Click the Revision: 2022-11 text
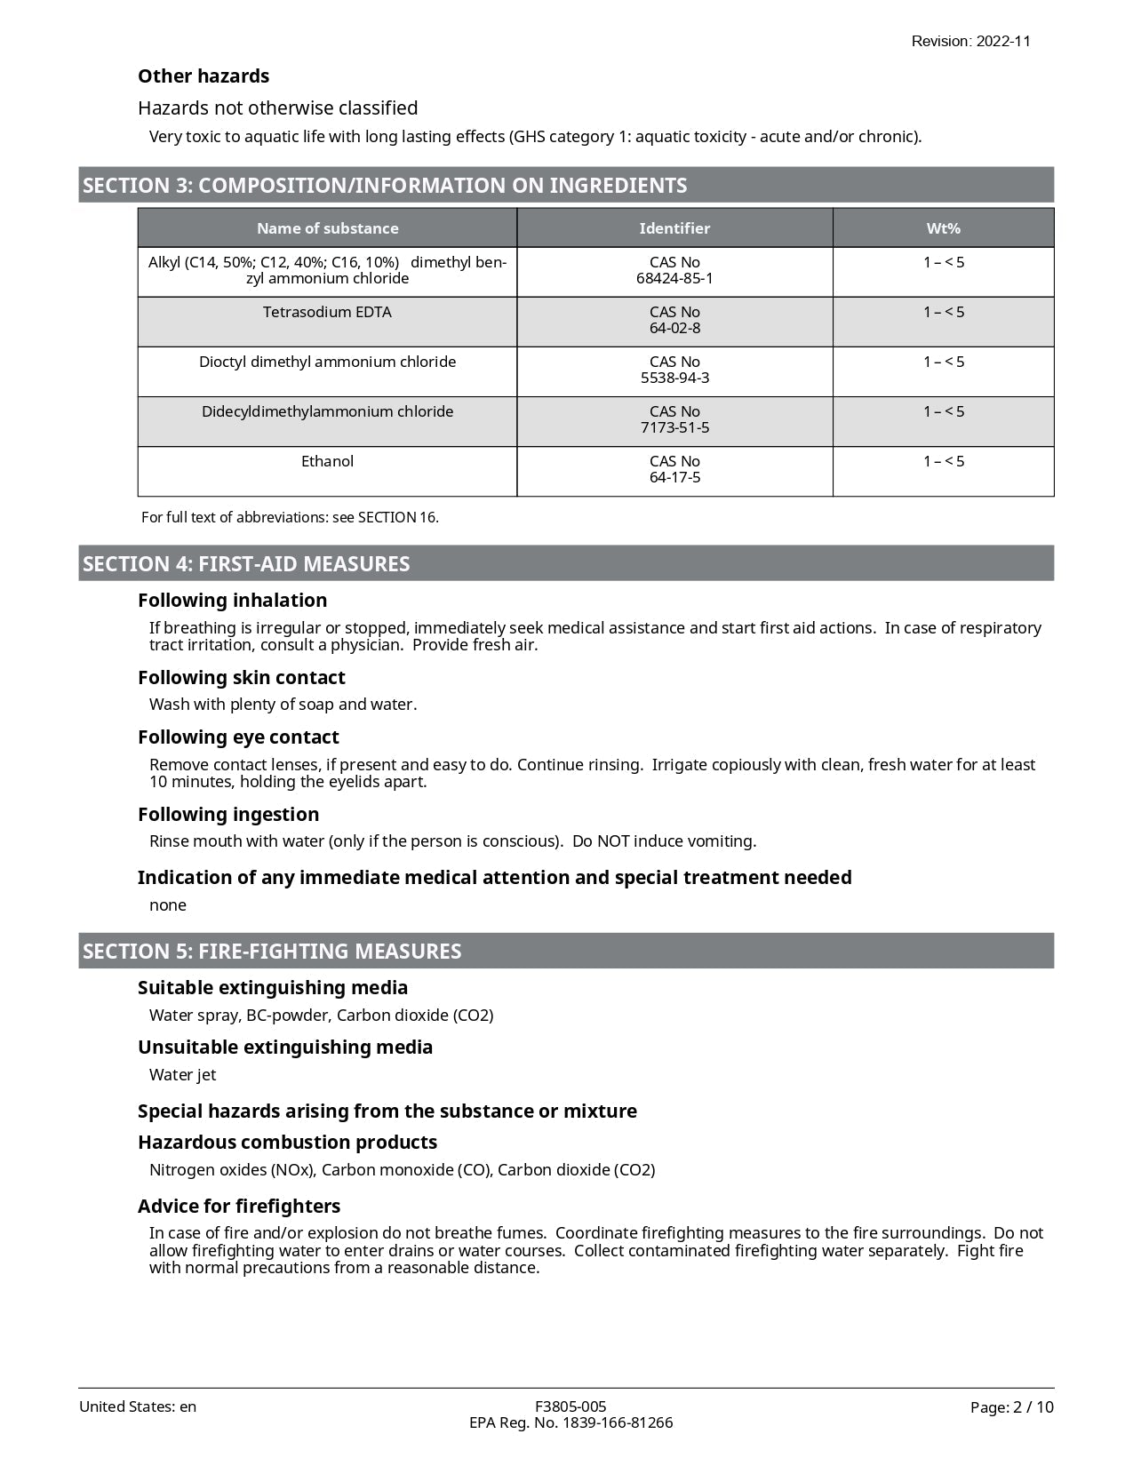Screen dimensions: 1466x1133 [970, 41]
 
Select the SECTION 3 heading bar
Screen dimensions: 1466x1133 [565, 185]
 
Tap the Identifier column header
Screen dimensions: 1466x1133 [674, 228]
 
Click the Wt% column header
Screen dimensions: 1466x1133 [943, 228]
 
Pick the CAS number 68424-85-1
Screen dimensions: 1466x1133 [674, 278]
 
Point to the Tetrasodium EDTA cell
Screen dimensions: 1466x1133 [327, 312]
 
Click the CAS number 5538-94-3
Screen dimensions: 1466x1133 [674, 378]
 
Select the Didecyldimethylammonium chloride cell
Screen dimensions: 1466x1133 [327, 411]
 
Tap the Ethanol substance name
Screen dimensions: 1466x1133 [327, 461]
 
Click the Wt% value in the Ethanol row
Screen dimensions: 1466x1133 [943, 461]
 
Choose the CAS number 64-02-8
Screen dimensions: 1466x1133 [674, 328]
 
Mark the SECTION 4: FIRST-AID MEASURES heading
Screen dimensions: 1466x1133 [246, 564]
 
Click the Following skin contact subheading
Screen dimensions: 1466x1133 [241, 678]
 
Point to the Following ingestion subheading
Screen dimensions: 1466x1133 [228, 815]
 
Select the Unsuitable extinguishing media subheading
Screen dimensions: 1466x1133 [285, 1048]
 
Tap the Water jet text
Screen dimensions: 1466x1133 [182, 1075]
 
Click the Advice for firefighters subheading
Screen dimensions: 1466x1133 [239, 1207]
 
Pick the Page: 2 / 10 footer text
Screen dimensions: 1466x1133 [1011, 1407]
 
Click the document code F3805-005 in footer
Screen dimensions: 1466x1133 [570, 1406]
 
